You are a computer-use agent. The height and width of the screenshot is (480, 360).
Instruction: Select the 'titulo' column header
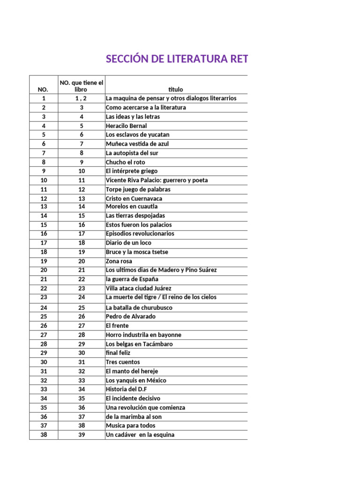(x=176, y=89)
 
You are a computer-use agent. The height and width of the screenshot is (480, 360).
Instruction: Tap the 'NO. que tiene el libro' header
(x=81, y=86)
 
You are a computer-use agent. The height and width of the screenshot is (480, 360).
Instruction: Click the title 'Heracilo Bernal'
(x=126, y=126)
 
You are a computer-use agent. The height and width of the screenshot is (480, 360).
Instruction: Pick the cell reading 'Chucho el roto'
(x=126, y=162)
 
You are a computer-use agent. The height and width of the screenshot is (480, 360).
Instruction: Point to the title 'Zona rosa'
(x=119, y=261)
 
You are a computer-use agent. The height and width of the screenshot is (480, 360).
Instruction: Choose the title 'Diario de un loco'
(x=128, y=243)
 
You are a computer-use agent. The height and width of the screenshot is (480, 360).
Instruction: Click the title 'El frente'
(x=117, y=326)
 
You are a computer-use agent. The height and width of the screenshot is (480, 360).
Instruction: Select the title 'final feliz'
(x=118, y=353)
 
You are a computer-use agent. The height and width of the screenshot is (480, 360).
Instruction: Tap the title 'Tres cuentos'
(x=123, y=362)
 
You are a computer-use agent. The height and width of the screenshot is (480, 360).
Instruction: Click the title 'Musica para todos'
(x=130, y=426)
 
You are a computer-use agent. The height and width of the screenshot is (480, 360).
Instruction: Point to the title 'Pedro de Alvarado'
(x=131, y=316)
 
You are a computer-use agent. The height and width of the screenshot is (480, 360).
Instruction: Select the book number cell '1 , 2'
(x=81, y=98)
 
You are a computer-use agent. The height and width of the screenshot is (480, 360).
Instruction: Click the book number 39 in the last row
(x=82, y=435)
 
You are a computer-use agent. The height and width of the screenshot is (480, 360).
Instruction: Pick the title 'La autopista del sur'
(x=132, y=153)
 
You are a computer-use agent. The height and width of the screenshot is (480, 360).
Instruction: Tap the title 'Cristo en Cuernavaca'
(x=134, y=198)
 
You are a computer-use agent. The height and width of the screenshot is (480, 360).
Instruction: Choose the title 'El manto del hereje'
(x=132, y=371)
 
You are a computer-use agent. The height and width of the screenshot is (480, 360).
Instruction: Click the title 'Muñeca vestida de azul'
(x=137, y=144)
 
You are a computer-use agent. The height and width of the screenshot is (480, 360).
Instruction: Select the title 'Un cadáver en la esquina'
(x=140, y=435)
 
